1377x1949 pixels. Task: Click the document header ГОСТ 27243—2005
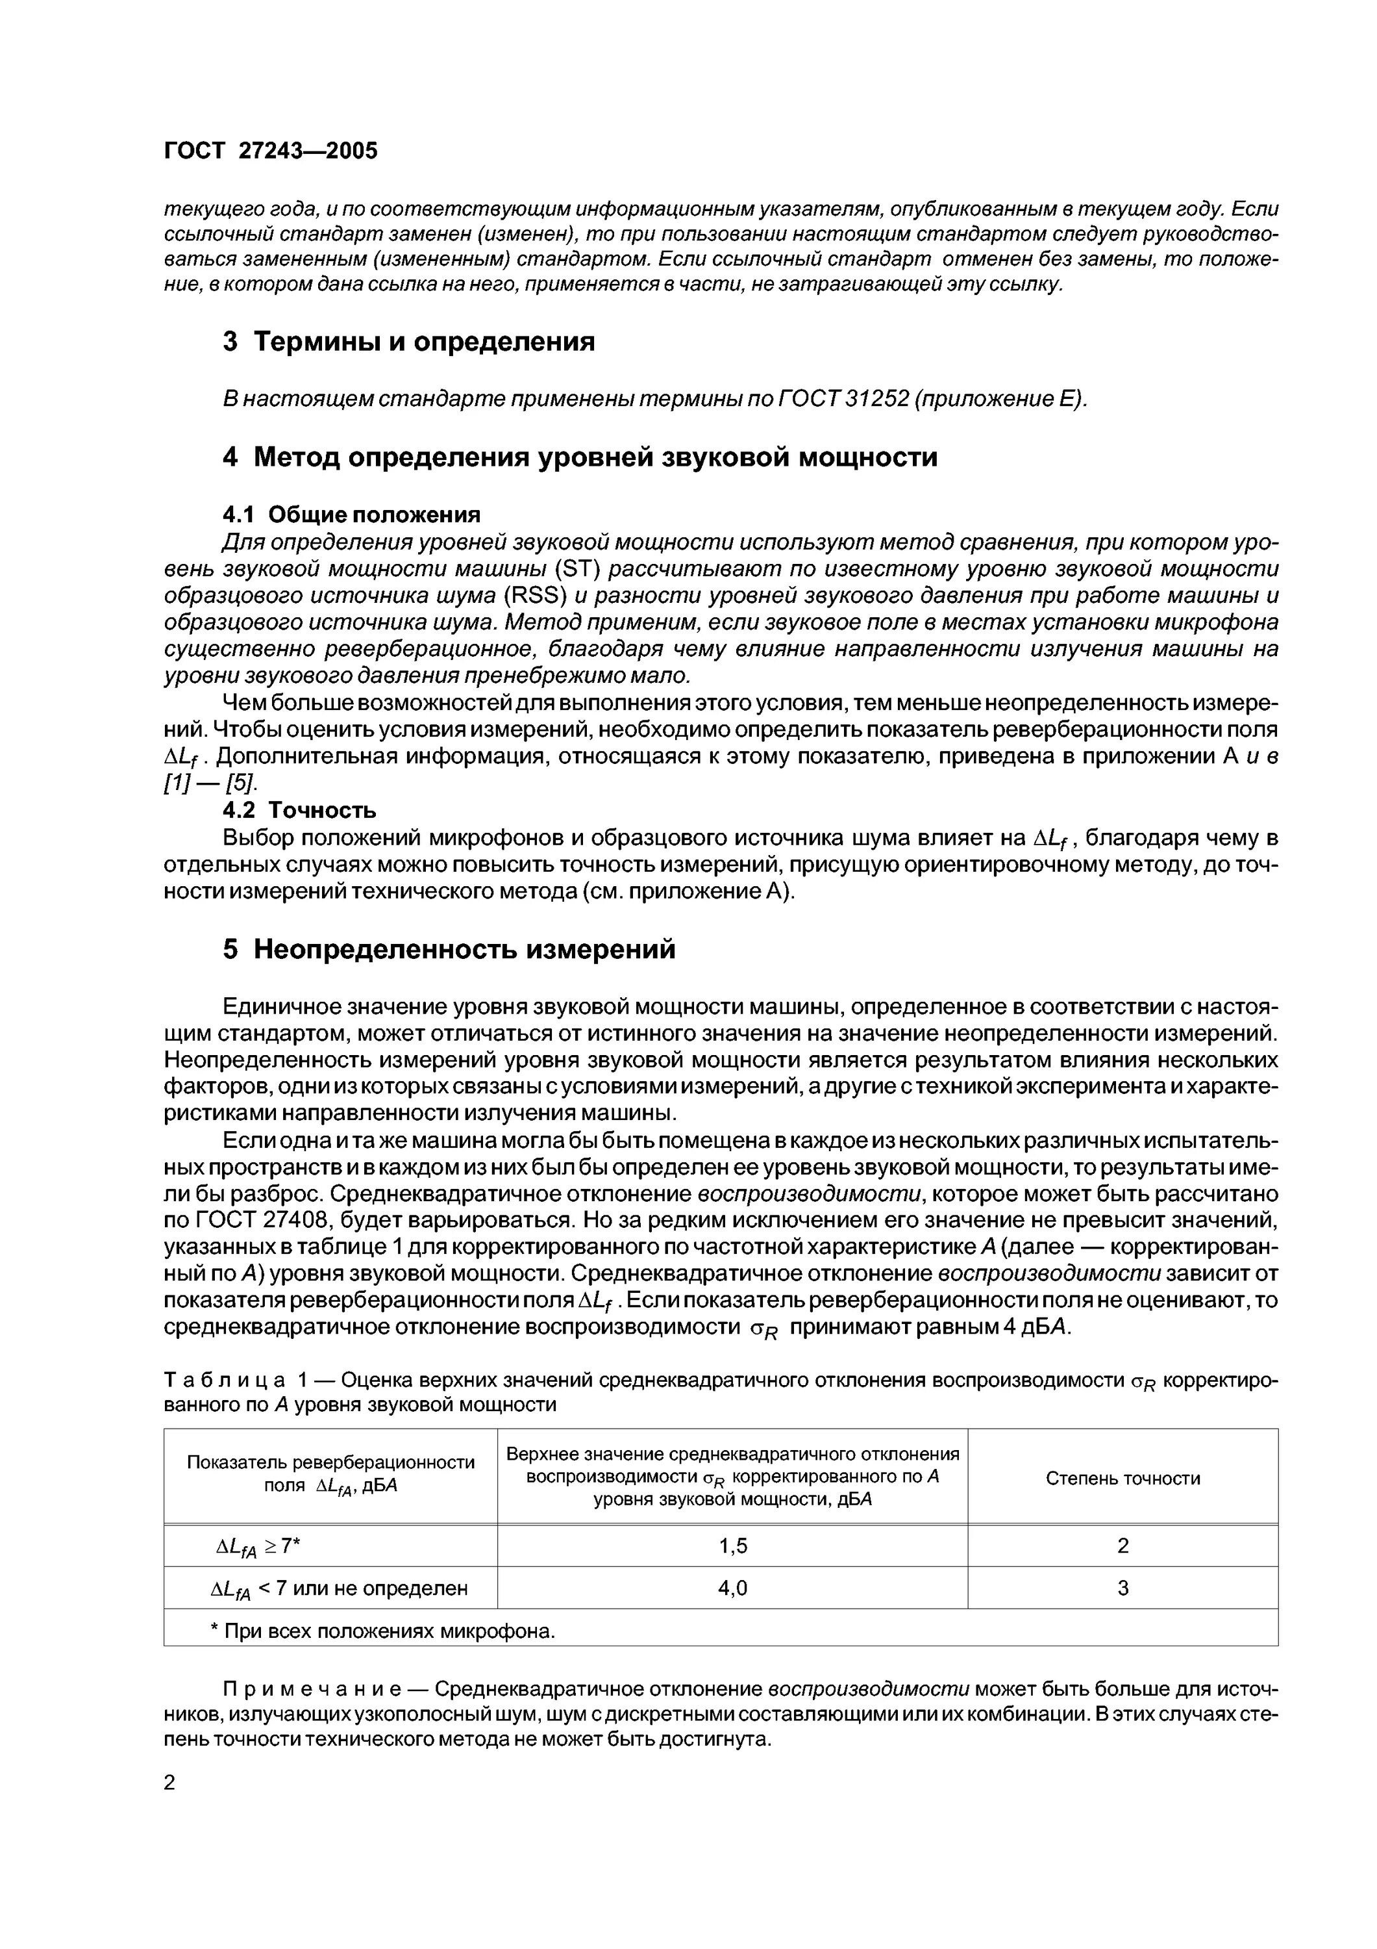[270, 151]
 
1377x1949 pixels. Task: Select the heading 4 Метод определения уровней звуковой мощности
[580, 457]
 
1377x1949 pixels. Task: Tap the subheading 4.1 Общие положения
[351, 515]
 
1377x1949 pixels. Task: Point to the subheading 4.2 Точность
[299, 810]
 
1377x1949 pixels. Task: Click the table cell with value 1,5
[732, 1547]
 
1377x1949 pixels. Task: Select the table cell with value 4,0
[732, 1588]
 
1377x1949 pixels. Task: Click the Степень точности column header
[1122, 1479]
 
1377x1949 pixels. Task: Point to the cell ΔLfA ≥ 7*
[259, 1548]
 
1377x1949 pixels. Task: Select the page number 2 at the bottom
[169, 1783]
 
